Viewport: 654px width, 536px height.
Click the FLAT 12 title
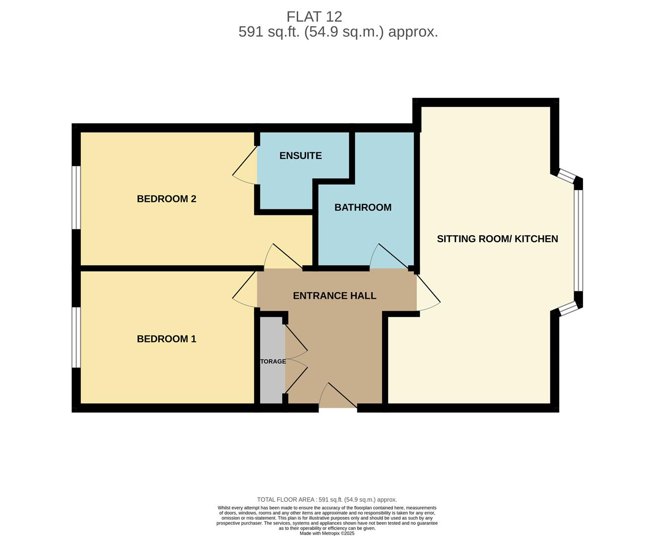coord(314,17)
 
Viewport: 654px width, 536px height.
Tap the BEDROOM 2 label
coord(167,199)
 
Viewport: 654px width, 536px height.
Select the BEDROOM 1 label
coord(167,338)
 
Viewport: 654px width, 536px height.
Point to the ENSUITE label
coord(301,155)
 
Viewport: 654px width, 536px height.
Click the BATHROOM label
coord(363,207)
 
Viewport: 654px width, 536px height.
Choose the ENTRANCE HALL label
coord(334,296)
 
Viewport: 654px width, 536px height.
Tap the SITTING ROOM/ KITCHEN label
coord(497,239)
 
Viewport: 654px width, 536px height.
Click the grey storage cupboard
coord(272,360)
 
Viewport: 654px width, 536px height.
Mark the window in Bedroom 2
coord(76,198)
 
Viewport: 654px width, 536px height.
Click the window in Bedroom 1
coord(76,337)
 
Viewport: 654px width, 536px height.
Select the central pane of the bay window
coord(578,241)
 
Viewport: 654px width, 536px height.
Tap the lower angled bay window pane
coord(569,309)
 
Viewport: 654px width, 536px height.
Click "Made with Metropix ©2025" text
coord(327,533)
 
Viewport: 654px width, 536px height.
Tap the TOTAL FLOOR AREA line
coord(327,500)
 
